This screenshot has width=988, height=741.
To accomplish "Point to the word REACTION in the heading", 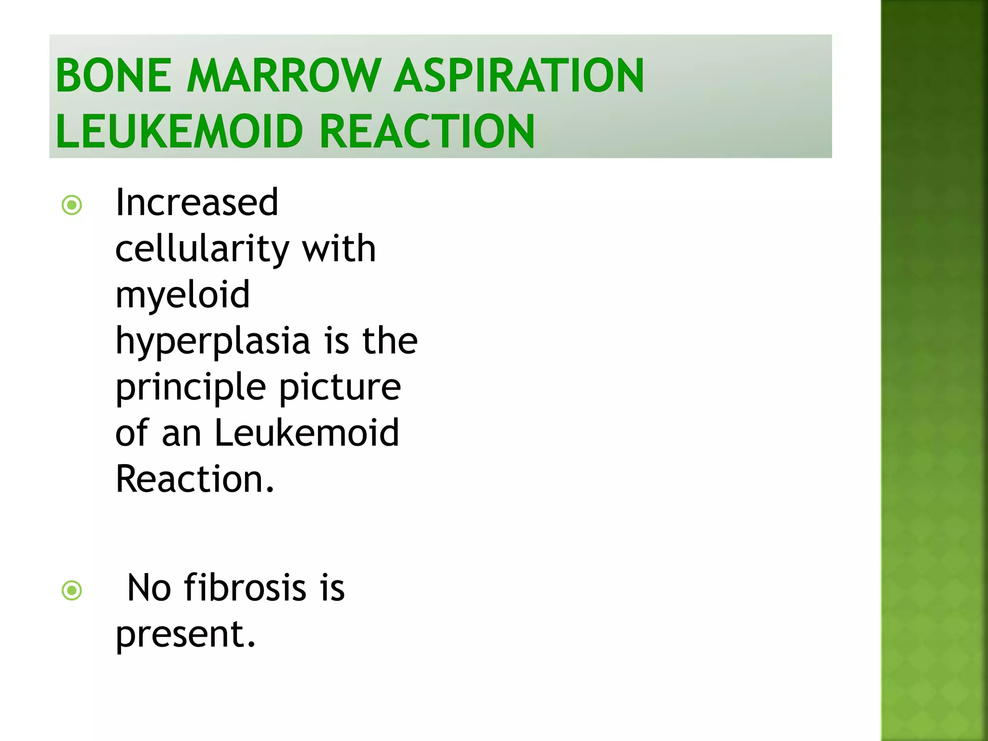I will point(427,131).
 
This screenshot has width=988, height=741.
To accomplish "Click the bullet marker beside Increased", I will point(72,205).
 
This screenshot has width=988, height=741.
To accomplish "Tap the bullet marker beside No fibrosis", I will point(72,590).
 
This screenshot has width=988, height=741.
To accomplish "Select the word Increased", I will point(197,202).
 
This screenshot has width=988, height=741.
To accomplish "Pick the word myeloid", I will point(183,295).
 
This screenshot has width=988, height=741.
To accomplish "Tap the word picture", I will point(340,388).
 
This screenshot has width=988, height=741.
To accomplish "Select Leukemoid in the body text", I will point(306,432).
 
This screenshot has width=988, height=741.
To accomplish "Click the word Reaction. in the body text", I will point(195,479).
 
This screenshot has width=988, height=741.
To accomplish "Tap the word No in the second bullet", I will point(149,588).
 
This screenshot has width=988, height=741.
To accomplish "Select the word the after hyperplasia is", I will point(390,341).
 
